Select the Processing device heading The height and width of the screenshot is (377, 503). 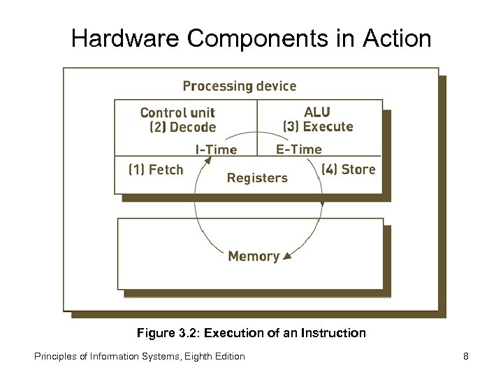(239, 86)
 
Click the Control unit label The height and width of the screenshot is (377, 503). (177, 112)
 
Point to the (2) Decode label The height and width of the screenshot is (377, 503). (183, 127)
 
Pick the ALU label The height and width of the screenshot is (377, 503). (317, 112)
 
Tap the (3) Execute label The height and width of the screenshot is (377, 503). (318, 127)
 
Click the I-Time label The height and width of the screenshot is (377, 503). (215, 149)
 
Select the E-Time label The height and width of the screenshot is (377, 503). (299, 149)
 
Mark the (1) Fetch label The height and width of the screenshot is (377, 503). (155, 169)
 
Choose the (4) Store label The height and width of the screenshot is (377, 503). (349, 169)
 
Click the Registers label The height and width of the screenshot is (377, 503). (257, 177)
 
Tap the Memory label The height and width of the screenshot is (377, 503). (254, 256)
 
